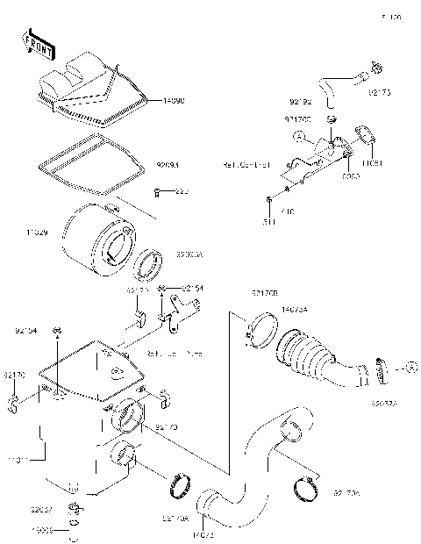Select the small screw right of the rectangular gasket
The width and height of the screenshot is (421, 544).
pyautogui.click(x=155, y=191)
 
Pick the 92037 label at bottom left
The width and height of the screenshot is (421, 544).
pyautogui.click(x=41, y=509)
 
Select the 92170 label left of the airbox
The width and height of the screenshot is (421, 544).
pyautogui.click(x=15, y=375)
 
